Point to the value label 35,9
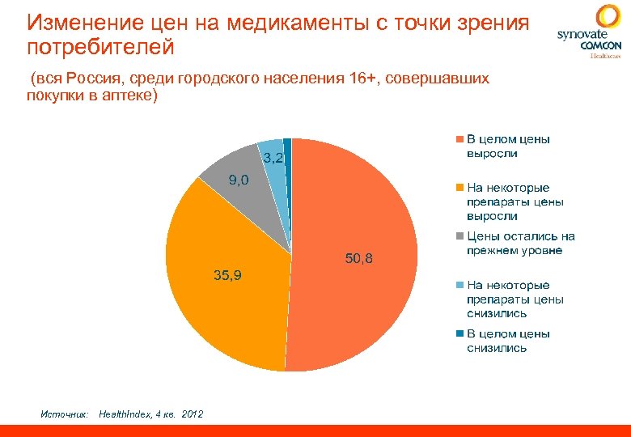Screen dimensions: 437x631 (x=227, y=276)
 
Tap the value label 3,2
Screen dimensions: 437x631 (x=273, y=157)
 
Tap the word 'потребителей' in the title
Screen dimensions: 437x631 (x=100, y=48)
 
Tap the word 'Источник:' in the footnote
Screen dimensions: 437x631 (x=64, y=414)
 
